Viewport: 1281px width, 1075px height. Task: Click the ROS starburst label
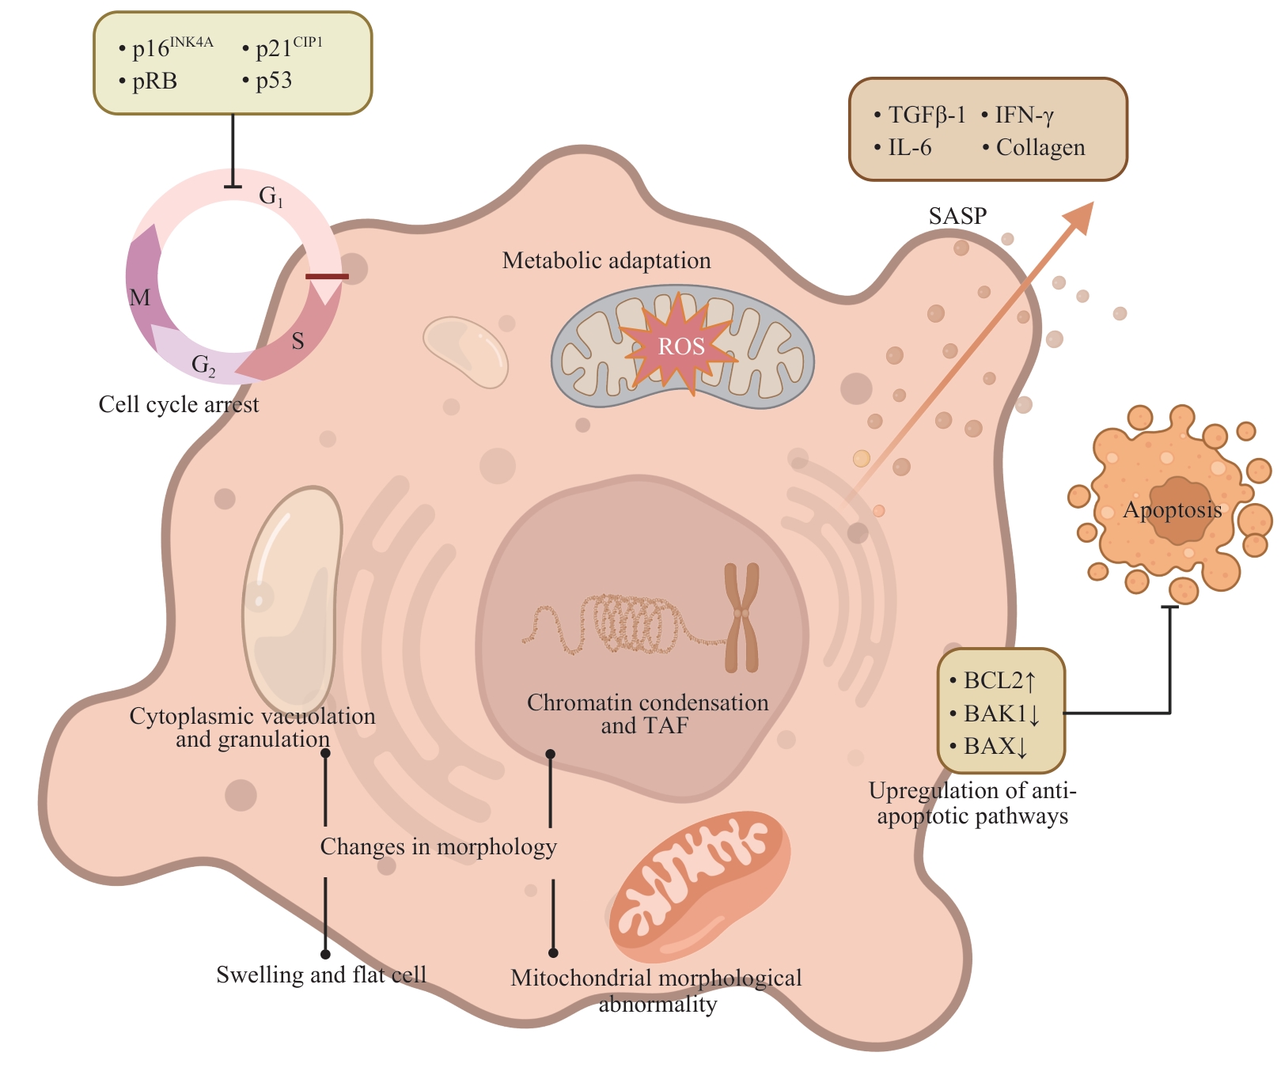(681, 346)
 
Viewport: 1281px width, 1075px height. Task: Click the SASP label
(957, 216)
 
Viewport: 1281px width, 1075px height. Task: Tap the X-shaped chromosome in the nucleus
(741, 617)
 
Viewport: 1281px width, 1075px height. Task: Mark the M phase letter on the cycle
(140, 297)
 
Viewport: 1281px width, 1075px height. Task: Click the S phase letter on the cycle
(298, 341)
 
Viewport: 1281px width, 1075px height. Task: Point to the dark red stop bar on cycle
(327, 277)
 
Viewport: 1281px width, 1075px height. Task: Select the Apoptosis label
(1172, 510)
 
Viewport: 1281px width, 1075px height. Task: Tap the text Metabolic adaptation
(606, 261)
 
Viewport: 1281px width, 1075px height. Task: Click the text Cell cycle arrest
(179, 405)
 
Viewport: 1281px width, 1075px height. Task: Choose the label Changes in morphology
(438, 847)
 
